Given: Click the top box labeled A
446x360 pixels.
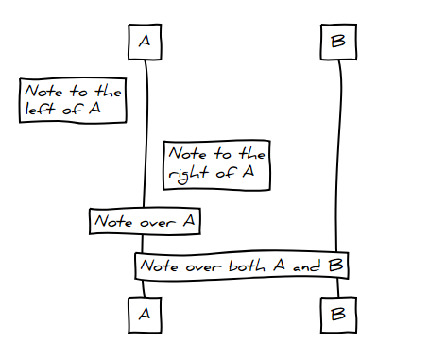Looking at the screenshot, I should pyautogui.click(x=145, y=42).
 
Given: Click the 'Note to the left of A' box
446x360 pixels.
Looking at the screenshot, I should pyautogui.click(x=73, y=99).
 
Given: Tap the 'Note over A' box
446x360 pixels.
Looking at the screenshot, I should pyautogui.click(x=146, y=221).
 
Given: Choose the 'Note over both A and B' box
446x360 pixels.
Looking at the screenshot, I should pyautogui.click(x=241, y=266).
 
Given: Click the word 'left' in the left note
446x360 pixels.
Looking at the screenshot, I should pyautogui.click(x=39, y=109).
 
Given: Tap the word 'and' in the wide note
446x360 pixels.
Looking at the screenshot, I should pyautogui.click(x=306, y=266).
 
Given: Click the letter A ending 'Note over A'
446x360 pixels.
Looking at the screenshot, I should pyautogui.click(x=188, y=221).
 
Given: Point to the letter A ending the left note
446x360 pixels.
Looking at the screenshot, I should pyautogui.click(x=94, y=109).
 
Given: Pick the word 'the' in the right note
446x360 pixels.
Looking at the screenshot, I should pyautogui.click(x=249, y=152).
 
